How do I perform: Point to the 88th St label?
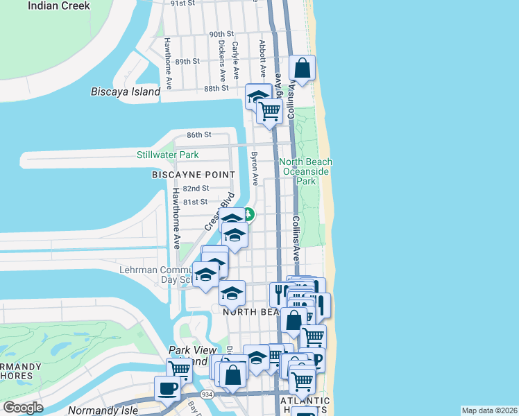[216, 89]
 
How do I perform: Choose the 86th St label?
[198, 134]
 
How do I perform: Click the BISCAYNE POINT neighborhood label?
[188, 176]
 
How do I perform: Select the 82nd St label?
[196, 189]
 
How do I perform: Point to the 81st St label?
[194, 202]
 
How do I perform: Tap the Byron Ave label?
[255, 168]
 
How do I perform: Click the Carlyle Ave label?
[236, 60]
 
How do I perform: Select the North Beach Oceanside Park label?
[305, 171]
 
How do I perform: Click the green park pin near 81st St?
[248, 214]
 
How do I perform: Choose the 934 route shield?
[207, 393]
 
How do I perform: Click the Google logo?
[24, 408]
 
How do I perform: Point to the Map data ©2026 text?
[489, 410]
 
